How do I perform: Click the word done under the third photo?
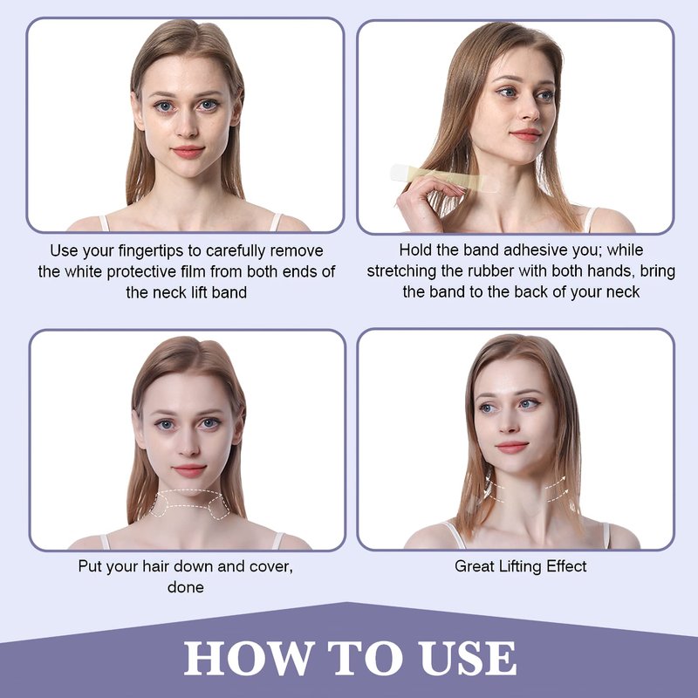(186, 587)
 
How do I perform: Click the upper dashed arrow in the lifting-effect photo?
(556, 482)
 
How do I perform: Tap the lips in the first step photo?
(188, 152)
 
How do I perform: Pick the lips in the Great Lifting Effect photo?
(511, 447)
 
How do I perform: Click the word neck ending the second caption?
(623, 292)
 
